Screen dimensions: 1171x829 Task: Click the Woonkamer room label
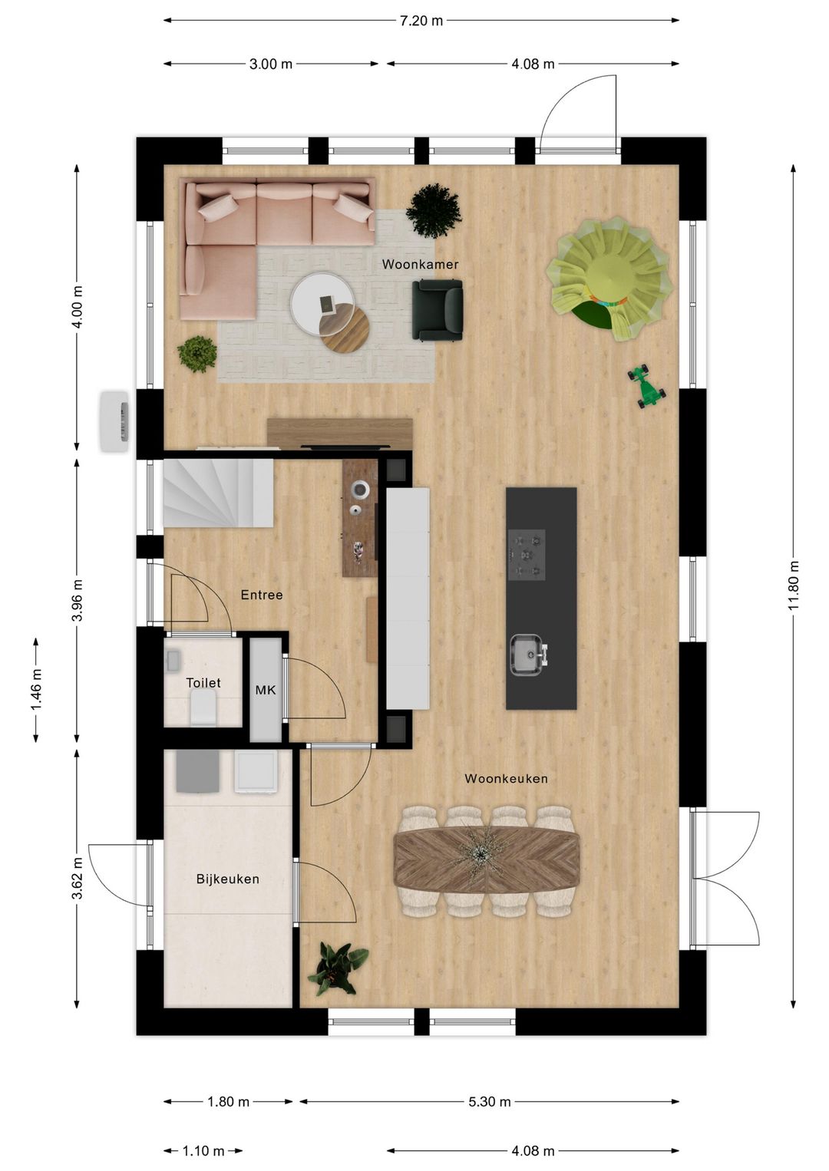coord(420,265)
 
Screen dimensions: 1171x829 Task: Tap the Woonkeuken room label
coord(506,779)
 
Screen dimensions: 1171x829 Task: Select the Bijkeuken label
coord(227,879)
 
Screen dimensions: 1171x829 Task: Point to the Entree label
coord(261,595)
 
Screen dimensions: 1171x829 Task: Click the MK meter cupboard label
coord(266,690)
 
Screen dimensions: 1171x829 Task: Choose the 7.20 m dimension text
coord(421,21)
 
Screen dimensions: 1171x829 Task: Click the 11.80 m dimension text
coord(794,585)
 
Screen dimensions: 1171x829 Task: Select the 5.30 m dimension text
coord(489,1102)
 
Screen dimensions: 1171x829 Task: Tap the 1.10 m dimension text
coord(203,1151)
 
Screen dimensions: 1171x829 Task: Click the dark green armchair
coord(438,309)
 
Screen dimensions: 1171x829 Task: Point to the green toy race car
coord(647,385)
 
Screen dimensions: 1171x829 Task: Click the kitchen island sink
coord(527,655)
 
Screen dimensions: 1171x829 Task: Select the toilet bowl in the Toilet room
coord(204,707)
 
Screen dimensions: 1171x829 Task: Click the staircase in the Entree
coord(218,493)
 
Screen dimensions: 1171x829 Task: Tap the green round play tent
coord(609,276)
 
